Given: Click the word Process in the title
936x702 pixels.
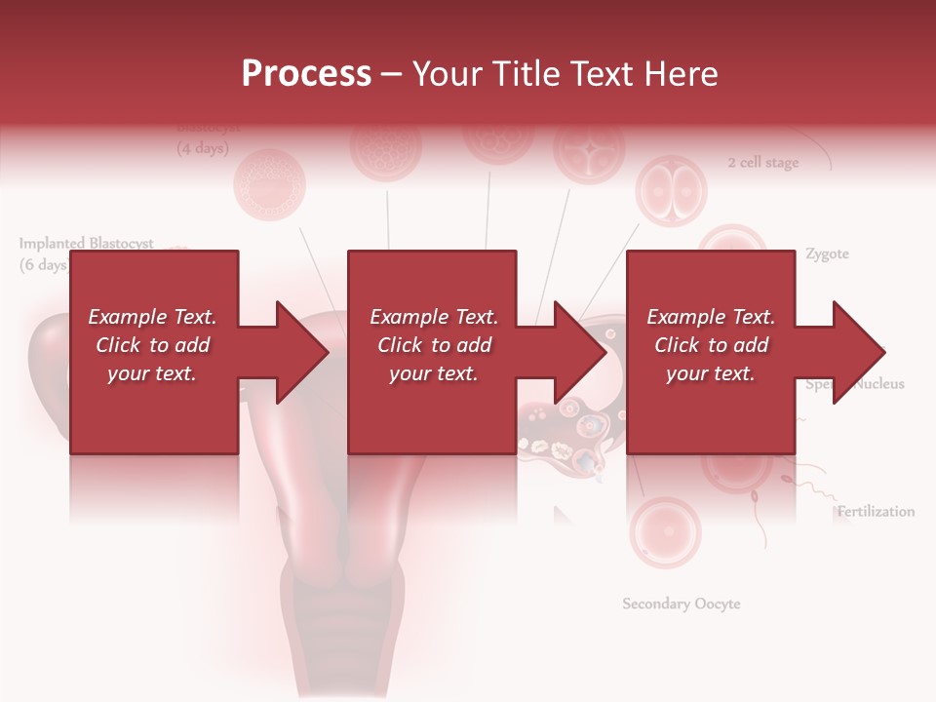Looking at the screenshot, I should (x=306, y=74).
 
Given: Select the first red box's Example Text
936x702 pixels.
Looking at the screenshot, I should (x=152, y=317).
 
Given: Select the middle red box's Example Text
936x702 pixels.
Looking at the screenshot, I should (x=434, y=317).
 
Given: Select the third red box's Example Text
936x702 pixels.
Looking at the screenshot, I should (x=711, y=317).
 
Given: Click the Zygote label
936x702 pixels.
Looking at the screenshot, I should (x=827, y=254).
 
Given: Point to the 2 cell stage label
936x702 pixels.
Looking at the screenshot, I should (x=762, y=163).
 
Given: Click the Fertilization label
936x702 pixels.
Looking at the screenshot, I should (x=876, y=512).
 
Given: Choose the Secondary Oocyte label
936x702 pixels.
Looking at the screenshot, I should (x=682, y=604).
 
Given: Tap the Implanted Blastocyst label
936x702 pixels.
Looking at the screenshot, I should (x=86, y=244).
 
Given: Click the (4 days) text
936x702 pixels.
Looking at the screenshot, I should (x=202, y=149).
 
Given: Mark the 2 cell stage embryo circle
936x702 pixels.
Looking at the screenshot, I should (x=671, y=191).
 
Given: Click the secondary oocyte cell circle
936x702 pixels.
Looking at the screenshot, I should (x=665, y=532).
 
